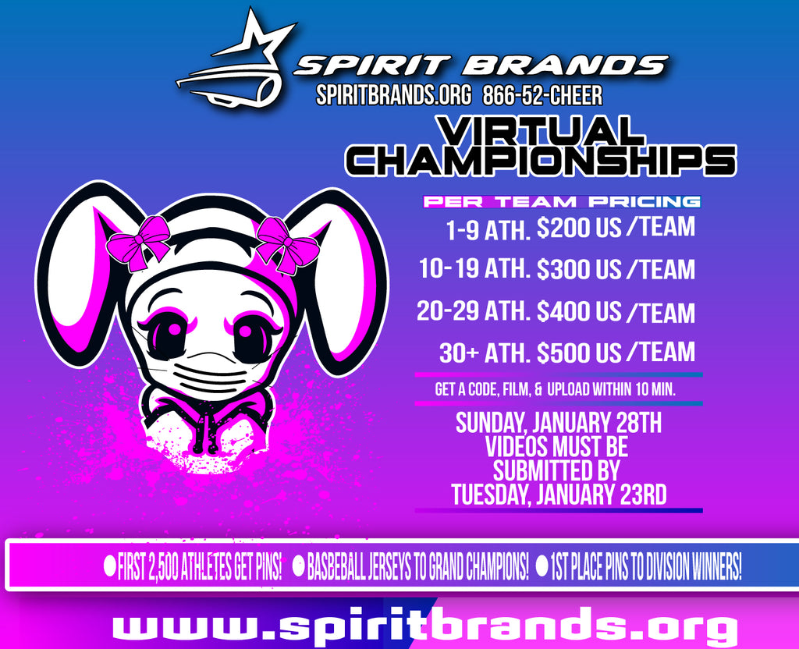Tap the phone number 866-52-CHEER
click(x=542, y=95)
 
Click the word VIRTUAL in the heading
click(x=541, y=130)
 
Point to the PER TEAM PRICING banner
click(x=562, y=202)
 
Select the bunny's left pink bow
click(x=138, y=243)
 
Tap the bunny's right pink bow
click(x=287, y=244)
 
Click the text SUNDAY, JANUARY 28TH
click(x=559, y=423)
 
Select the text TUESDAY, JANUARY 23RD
click(x=559, y=494)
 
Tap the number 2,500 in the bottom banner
click(x=165, y=566)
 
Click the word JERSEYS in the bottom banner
click(x=396, y=566)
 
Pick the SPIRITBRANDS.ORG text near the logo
click(x=393, y=95)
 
